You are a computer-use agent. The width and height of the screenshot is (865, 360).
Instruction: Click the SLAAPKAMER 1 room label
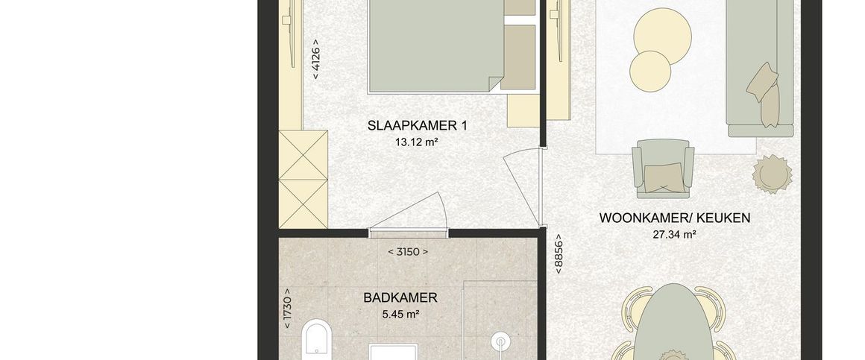coord(417,126)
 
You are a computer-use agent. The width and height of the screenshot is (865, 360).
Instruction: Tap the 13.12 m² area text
coord(417,142)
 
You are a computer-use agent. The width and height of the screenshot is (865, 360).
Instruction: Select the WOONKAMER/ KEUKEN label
coord(675,218)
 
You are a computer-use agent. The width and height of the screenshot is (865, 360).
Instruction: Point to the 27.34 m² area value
coord(674,234)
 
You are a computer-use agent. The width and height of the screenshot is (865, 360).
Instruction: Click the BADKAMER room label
coord(400,298)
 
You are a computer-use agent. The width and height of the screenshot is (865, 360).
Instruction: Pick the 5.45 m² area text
coord(400,315)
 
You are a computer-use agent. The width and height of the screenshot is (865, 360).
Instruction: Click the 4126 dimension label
coord(316,59)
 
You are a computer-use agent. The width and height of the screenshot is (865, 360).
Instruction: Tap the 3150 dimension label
coord(408,252)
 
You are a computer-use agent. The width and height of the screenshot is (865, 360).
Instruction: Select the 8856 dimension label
coord(559,254)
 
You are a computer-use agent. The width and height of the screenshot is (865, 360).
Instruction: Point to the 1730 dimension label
coord(286,309)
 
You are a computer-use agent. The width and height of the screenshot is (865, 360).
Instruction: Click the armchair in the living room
coord(663,168)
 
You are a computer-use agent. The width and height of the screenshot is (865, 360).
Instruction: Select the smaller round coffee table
coord(650,71)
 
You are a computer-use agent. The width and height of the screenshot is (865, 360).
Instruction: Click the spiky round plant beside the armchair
coord(773,174)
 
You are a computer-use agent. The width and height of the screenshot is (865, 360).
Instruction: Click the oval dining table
coord(673,322)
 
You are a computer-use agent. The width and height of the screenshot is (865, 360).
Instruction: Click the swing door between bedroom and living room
coord(523,186)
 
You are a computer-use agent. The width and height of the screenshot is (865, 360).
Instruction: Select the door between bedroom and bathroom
coord(408,214)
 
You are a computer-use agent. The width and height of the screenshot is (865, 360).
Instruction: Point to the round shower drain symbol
coord(501,342)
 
